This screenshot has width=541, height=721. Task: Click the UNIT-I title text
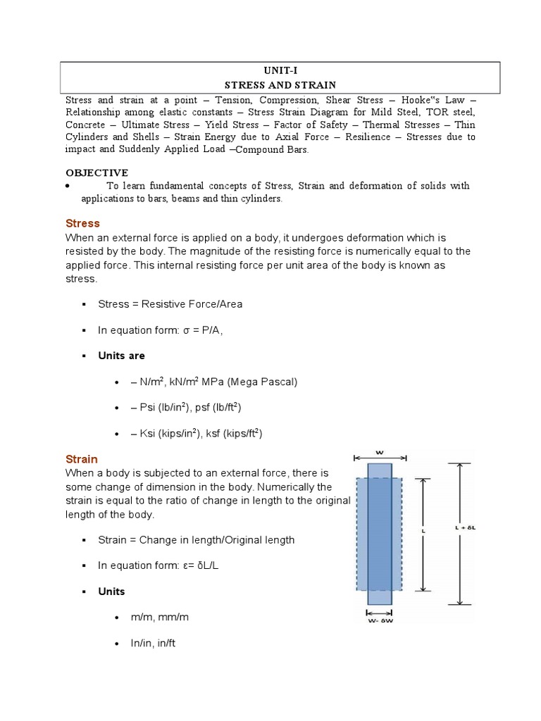[x=280, y=71]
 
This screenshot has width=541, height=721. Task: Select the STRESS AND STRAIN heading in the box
[x=280, y=85]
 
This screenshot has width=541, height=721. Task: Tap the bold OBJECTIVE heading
[x=97, y=173]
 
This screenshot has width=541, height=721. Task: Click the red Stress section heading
[x=82, y=223]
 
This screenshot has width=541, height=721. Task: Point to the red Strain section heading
[x=82, y=458]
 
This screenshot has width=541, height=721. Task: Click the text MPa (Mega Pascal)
[x=256, y=382]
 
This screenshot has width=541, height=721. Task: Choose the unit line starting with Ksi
[x=196, y=433]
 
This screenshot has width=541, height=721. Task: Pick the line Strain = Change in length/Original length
[x=196, y=539]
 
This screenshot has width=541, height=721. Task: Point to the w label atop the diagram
[x=380, y=452]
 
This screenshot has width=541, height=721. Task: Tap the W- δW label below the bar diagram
[x=379, y=620]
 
